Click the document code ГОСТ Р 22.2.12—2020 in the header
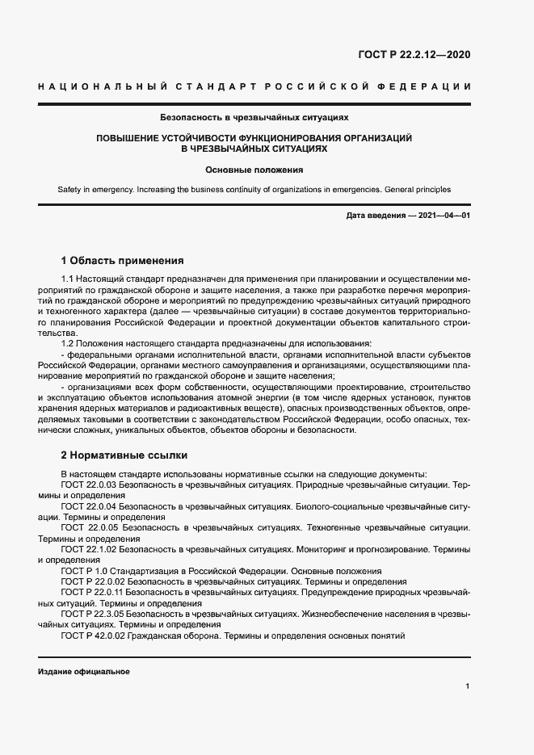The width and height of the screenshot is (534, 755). [414, 56]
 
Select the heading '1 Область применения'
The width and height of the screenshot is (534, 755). [122, 261]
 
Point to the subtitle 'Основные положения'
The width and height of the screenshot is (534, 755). [254, 170]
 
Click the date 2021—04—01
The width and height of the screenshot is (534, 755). [443, 217]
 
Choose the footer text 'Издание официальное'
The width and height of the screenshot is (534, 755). [83, 672]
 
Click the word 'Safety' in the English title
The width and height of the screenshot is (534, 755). [71, 190]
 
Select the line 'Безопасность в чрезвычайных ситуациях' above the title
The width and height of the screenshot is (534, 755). [254, 117]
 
